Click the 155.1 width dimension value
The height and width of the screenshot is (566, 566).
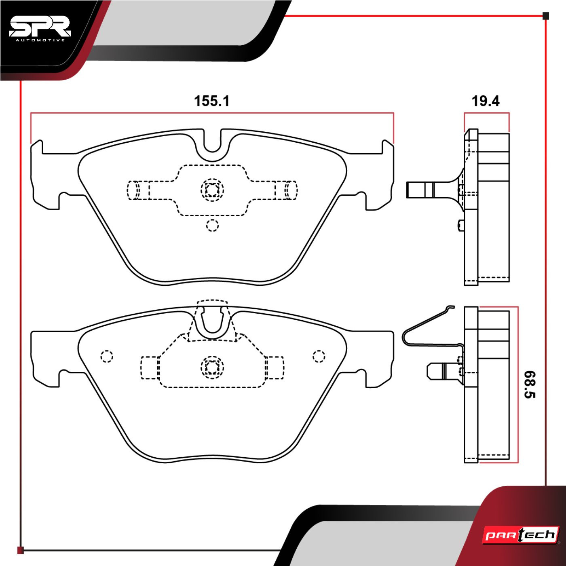[x=211, y=101]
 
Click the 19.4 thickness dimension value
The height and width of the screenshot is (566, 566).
[x=485, y=101]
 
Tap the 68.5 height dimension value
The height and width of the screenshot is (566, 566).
[x=529, y=384]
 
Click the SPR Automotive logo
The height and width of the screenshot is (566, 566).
[x=40, y=29]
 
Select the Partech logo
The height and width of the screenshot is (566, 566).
[x=521, y=535]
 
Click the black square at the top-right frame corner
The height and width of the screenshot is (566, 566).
[x=546, y=16]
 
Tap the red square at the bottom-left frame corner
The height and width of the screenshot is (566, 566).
[x=21, y=550]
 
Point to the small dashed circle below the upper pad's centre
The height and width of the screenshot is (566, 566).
[x=212, y=225]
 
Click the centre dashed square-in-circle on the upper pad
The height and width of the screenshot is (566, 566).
[x=212, y=189]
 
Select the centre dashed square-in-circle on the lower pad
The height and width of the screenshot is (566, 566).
[x=212, y=367]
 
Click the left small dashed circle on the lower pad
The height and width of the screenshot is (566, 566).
[x=107, y=356]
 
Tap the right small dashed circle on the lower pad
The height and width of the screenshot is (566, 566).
[x=319, y=356]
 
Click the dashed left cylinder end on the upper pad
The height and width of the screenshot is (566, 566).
[x=133, y=190]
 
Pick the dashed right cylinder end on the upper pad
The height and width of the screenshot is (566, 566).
[x=291, y=190]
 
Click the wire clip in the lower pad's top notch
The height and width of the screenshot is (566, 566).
[x=212, y=321]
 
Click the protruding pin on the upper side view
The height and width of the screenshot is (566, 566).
[x=420, y=190]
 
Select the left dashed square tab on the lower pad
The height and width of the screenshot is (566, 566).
[x=149, y=368]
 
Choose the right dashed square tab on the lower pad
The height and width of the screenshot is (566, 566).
[x=275, y=368]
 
